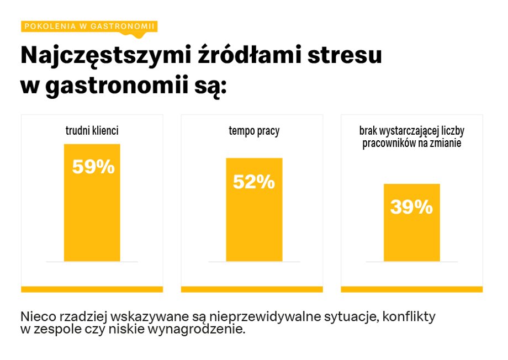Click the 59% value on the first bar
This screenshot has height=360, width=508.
[x=93, y=167]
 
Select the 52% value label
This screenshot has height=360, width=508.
[x=253, y=182]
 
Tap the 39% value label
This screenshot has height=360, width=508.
[x=411, y=207]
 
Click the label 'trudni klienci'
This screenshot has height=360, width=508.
[x=92, y=131]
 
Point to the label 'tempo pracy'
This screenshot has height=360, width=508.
[x=254, y=131]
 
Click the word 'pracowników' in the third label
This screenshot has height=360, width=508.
[x=389, y=144]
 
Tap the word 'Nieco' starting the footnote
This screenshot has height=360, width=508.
[x=36, y=317]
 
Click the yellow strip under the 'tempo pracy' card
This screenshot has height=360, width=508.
[x=252, y=289]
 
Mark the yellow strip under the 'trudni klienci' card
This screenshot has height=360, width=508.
[x=92, y=289]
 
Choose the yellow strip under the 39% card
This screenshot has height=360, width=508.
[x=412, y=289]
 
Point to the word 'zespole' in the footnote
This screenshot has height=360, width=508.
[x=54, y=330]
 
